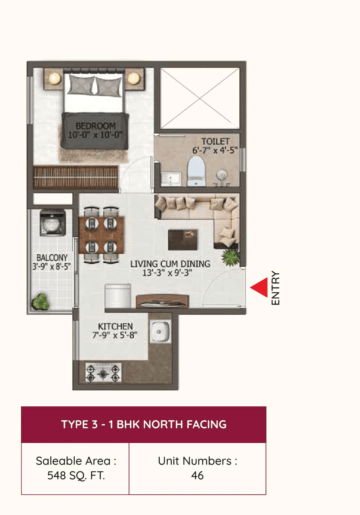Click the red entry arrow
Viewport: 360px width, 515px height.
click(260, 287)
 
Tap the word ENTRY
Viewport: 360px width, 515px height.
click(275, 288)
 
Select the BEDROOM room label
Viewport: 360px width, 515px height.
click(95, 126)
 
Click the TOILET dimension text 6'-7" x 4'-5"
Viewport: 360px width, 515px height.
click(215, 150)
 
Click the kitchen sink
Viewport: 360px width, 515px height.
click(160, 332)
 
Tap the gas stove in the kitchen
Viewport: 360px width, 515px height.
click(103, 373)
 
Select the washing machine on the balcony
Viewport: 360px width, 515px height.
click(53, 223)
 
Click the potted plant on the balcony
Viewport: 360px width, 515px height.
click(41, 301)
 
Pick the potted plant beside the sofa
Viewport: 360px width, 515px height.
click(231, 257)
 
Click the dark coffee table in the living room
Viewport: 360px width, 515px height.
click(183, 239)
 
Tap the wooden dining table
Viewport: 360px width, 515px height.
click(102, 235)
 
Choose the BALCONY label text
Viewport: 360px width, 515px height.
click(52, 257)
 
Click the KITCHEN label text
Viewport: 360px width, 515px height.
click(115, 326)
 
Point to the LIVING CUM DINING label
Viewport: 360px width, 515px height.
click(170, 264)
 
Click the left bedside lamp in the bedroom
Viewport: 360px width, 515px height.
click(54, 78)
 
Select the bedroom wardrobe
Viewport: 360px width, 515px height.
click(76, 177)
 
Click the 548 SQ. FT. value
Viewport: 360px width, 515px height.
click(76, 475)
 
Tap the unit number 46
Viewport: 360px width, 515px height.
click(197, 475)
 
